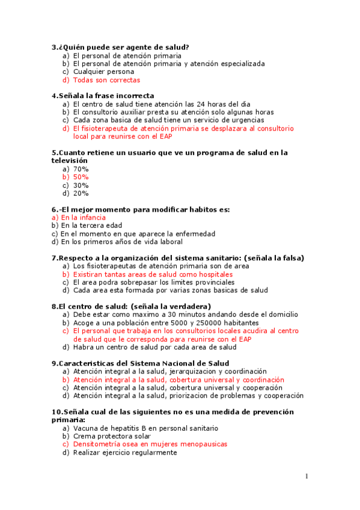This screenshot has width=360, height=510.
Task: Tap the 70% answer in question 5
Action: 81,169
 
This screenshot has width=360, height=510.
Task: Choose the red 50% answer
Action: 81,177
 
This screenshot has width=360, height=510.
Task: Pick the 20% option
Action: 81,194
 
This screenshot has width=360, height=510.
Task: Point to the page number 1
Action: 307,476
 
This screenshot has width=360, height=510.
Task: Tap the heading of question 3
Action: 120,47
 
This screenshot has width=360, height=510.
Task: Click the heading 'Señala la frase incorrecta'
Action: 106,96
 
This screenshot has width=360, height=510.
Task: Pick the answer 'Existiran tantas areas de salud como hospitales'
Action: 153,274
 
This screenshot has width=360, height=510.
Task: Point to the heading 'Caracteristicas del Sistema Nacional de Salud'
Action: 144,363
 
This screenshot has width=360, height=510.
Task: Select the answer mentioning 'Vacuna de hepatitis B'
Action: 145,428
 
